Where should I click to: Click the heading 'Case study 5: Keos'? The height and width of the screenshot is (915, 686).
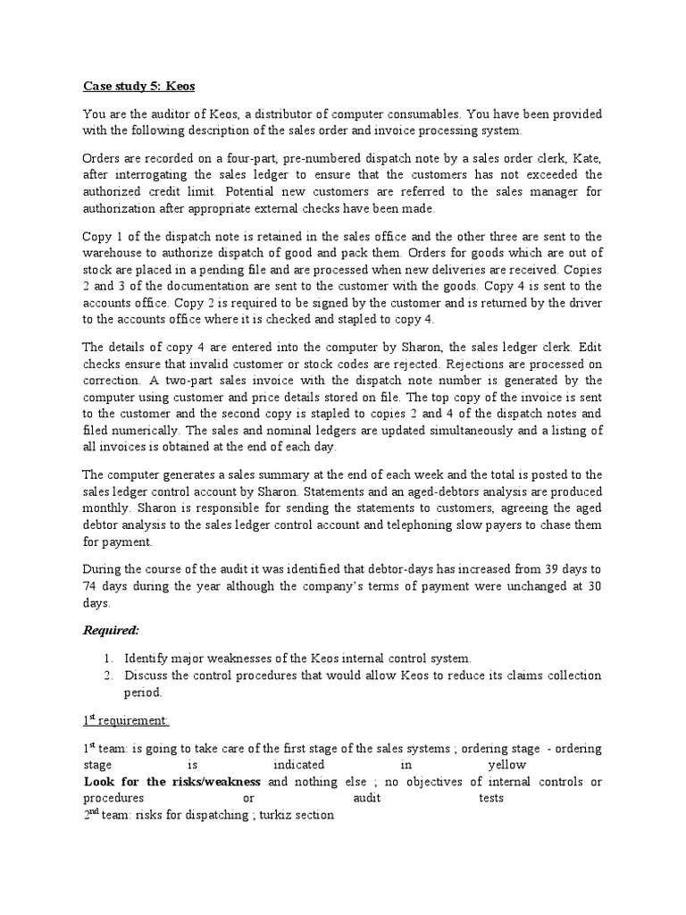pos(138,87)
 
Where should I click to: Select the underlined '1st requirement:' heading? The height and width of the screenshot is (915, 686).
pos(125,719)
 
